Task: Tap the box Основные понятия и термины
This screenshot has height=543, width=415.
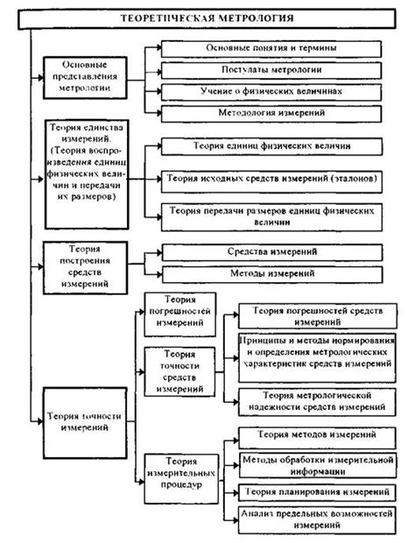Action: [x=271, y=46]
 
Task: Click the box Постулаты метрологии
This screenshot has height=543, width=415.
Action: [x=271, y=68]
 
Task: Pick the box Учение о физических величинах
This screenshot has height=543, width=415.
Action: [x=271, y=90]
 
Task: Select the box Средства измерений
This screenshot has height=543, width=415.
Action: [x=271, y=252]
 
